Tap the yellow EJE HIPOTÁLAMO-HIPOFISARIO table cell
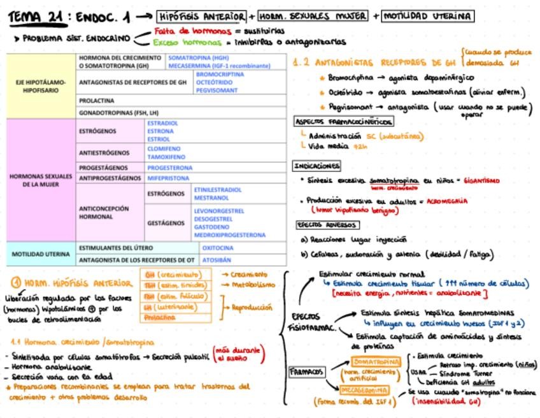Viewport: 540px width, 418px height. tap(41, 86)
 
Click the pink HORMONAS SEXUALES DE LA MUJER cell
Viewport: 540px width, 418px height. tap(41, 180)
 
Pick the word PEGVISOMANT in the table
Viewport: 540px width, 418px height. tap(217, 90)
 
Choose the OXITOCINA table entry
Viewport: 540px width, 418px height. tap(217, 248)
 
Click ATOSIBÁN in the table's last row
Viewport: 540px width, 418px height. tap(217, 260)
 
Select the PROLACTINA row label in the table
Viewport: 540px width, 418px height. tap(97, 101)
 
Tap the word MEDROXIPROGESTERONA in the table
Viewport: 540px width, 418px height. tap(229, 235)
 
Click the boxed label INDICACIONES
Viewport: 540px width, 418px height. tap(316, 166)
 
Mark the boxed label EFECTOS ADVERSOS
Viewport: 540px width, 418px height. tap(327, 225)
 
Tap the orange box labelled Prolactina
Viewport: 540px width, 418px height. tap(160, 317)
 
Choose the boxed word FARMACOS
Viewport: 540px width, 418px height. tap(308, 371)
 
